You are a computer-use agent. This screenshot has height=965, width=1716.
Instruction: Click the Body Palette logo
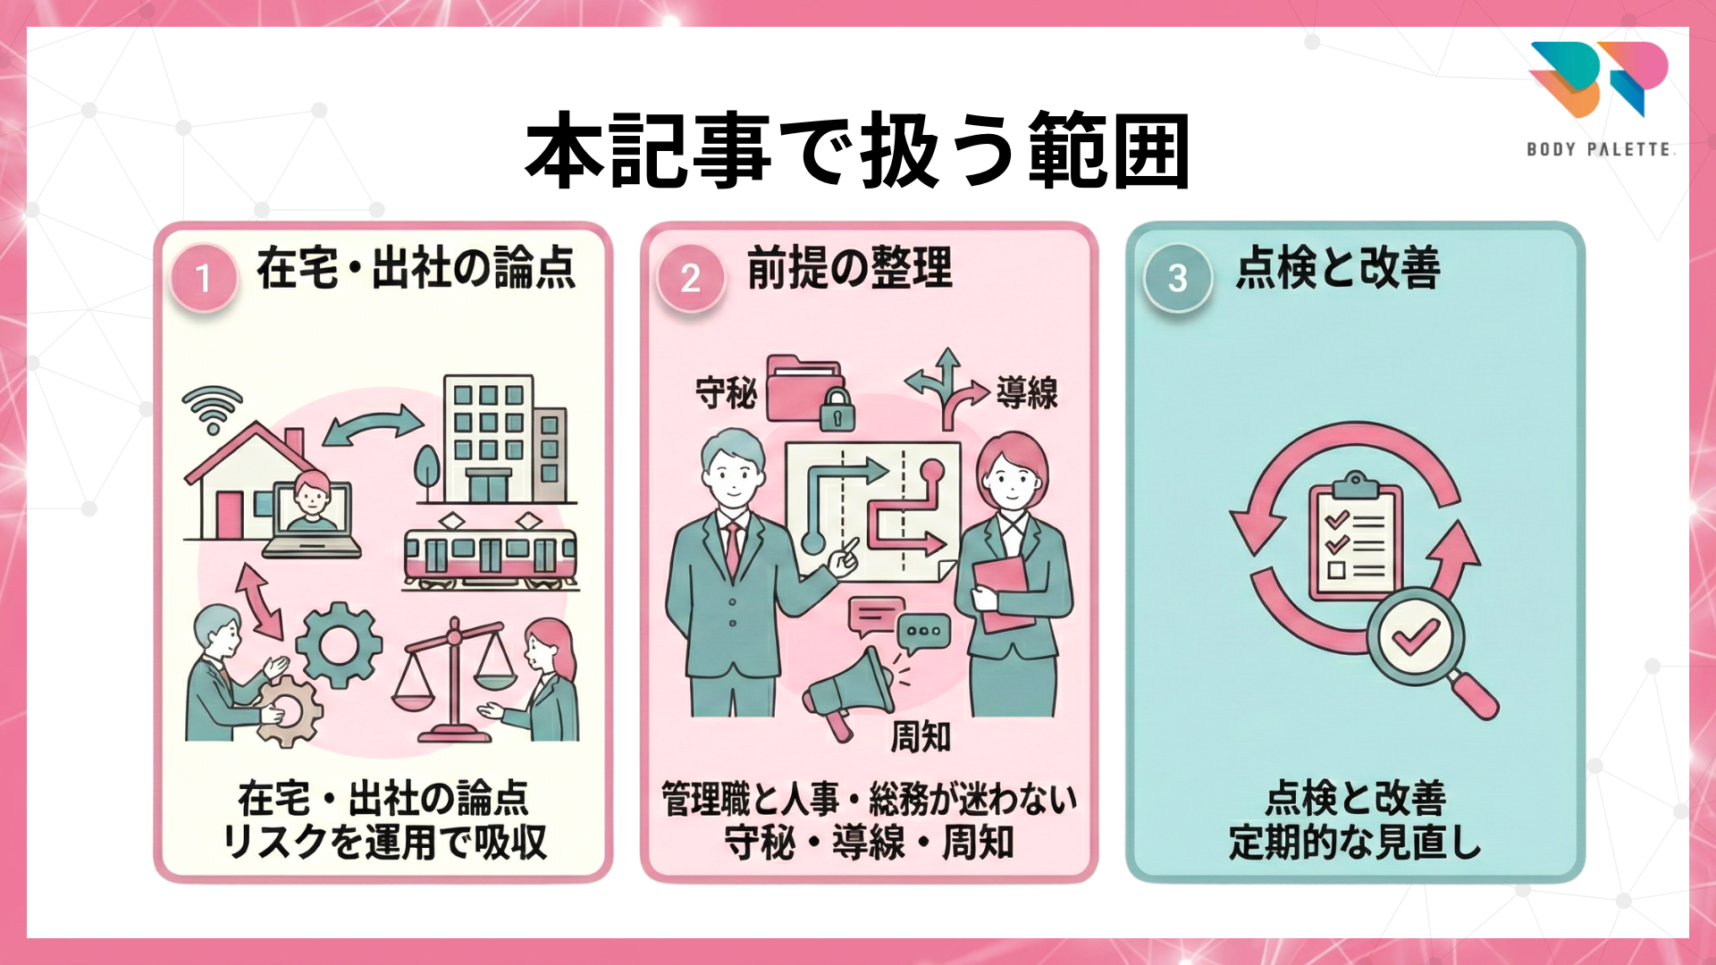point(1599,96)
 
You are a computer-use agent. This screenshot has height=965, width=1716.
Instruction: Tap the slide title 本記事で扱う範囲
point(858,150)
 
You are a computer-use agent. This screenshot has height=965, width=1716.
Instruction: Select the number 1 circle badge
point(204,278)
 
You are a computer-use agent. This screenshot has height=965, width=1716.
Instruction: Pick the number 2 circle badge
point(690,278)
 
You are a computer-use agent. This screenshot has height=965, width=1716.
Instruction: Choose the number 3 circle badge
point(1177,278)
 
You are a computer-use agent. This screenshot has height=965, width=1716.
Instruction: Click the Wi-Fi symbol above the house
point(212,407)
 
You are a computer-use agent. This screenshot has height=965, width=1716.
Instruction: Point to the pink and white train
point(490,557)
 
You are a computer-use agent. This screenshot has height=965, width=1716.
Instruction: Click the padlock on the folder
point(837,409)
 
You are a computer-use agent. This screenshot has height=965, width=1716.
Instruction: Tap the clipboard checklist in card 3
point(1355,541)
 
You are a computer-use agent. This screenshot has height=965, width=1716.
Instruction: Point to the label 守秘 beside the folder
point(726,393)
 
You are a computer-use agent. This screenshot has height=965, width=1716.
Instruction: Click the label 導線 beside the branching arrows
point(1027,393)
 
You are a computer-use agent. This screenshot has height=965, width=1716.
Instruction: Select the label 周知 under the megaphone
point(920,737)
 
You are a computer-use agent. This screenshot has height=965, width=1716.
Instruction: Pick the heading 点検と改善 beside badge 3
point(1338,267)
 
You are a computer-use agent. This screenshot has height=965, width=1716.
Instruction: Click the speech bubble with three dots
point(923,631)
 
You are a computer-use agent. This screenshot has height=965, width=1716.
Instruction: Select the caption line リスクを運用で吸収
point(384,843)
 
